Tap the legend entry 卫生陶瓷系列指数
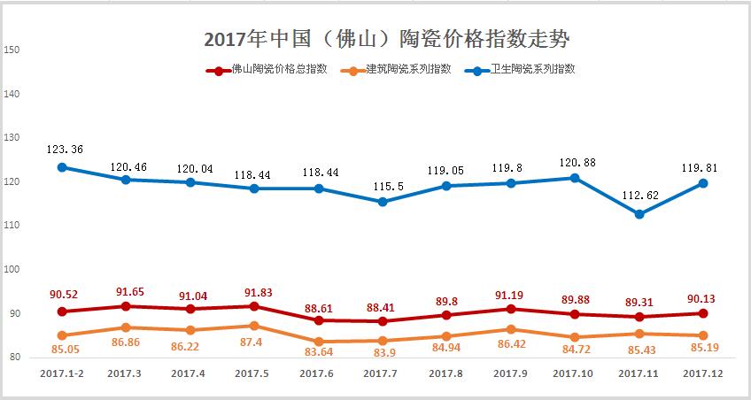[532, 69]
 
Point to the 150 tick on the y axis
[12, 50]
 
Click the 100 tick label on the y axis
[12, 270]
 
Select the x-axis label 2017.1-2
[62, 374]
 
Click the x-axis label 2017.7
[383, 374]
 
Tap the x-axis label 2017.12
[704, 374]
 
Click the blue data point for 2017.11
[639, 214]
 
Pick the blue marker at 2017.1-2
[62, 167]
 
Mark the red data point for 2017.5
[254, 306]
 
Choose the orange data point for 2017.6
[319, 342]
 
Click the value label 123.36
[65, 150]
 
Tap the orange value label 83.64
[319, 357]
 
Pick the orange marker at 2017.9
[511, 329]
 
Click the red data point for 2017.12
[704, 313]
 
